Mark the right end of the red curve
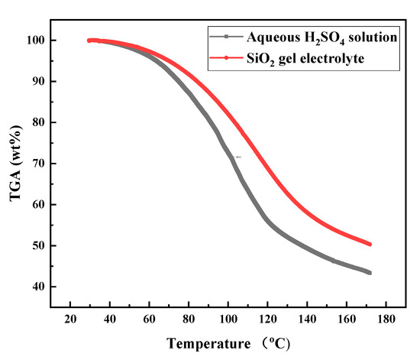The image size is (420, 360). (370, 244)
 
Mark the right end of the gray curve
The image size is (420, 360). (370, 273)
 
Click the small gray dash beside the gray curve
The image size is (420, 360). (238, 157)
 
